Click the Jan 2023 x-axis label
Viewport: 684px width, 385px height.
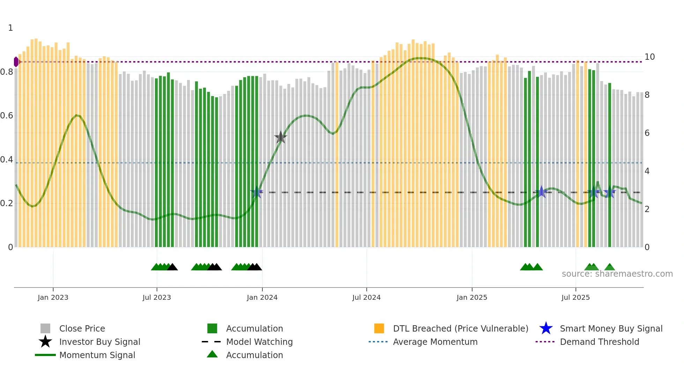click(53, 297)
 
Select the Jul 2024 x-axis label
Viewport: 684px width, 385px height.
click(366, 297)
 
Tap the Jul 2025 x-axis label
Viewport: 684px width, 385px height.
click(575, 297)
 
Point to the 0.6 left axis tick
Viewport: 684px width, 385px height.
click(7, 116)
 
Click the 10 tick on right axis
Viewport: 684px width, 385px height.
click(649, 57)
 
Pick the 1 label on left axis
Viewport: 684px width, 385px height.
click(10, 28)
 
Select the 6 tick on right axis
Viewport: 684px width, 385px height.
click(647, 133)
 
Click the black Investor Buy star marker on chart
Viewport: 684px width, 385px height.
click(281, 137)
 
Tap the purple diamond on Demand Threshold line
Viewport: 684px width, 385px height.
click(16, 62)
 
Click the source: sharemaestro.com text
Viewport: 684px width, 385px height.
click(617, 274)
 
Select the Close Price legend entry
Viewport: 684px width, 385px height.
click(82, 328)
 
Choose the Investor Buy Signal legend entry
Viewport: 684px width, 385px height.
click(99, 342)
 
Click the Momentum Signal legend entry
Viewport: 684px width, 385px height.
click(97, 355)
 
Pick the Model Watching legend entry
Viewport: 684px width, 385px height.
click(259, 342)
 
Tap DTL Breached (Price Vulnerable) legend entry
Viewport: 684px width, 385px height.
click(460, 328)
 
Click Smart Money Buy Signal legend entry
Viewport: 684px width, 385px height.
click(611, 328)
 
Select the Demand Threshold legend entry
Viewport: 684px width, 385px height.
click(599, 342)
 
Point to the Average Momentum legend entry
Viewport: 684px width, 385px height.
click(435, 342)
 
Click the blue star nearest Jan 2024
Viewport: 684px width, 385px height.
click(257, 192)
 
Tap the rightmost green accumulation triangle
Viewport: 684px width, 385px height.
click(610, 267)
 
